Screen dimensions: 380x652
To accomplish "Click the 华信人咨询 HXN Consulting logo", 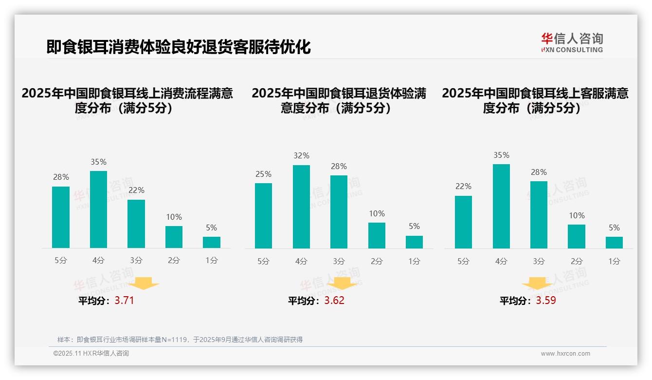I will [x=572, y=42].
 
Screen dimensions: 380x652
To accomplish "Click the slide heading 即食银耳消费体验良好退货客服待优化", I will [x=179, y=47].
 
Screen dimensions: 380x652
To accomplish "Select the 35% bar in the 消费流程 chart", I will [x=98, y=209].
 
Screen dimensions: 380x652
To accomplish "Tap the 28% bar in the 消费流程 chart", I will [x=61, y=217].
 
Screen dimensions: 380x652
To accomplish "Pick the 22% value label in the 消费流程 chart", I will [x=136, y=190].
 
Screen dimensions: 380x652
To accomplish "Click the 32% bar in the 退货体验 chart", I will [x=301, y=207].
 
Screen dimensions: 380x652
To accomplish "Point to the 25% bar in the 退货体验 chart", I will [x=263, y=216].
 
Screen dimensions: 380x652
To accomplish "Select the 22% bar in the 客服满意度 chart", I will [x=463, y=222].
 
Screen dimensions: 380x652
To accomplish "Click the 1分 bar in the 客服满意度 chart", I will [x=614, y=243].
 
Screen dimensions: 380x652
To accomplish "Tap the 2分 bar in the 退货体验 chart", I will [x=377, y=236].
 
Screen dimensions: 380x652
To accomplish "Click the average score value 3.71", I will [x=124, y=301].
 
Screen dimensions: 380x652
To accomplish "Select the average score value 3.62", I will [x=334, y=301].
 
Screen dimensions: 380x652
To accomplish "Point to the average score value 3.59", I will [x=546, y=301].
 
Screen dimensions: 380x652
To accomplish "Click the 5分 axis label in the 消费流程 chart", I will [x=61, y=261].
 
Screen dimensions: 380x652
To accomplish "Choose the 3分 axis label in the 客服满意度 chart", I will [x=539, y=262].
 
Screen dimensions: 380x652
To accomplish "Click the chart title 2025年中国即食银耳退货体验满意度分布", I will [x=339, y=100].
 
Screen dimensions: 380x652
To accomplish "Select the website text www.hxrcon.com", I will [x=565, y=354].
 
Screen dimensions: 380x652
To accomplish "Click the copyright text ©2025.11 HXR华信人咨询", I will [x=91, y=354].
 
